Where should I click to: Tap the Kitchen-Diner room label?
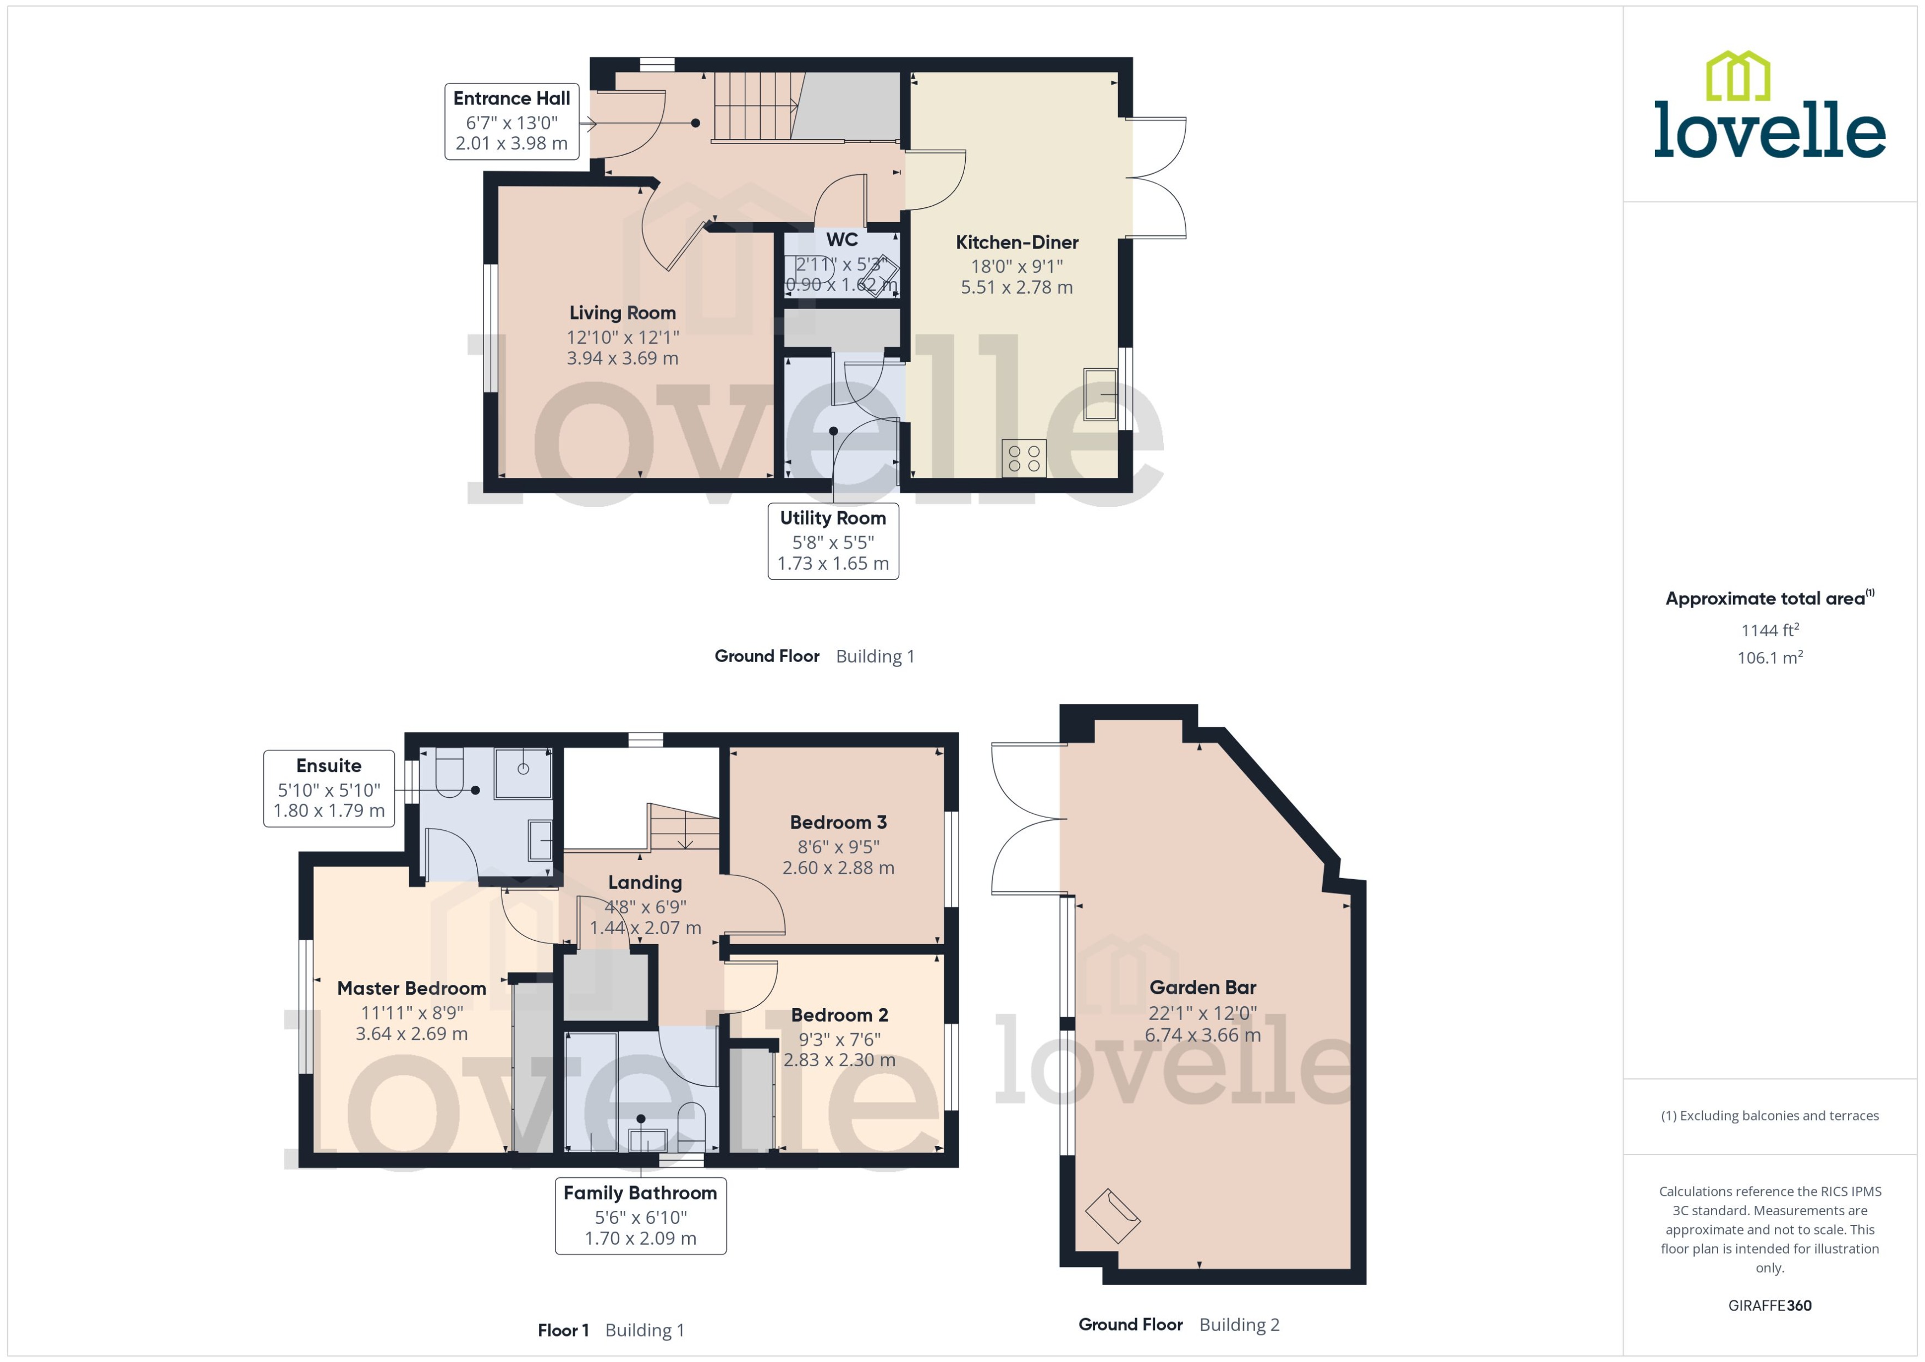(1016, 242)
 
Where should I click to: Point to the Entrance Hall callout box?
(511, 121)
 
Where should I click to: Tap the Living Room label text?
(623, 313)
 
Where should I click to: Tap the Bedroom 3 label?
(838, 822)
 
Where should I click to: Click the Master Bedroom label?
(411, 988)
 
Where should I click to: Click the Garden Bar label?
(1202, 987)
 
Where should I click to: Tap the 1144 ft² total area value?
(1769, 630)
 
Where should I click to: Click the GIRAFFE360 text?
(1769, 1305)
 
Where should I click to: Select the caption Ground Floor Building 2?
(1179, 1324)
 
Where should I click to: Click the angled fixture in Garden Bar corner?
(1112, 1215)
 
